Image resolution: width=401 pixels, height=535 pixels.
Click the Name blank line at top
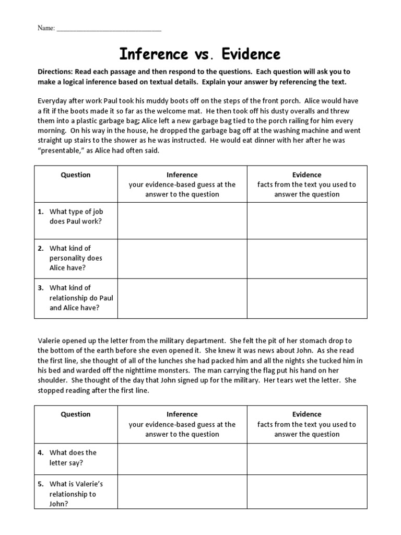109,29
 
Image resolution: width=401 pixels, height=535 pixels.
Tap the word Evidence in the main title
249,54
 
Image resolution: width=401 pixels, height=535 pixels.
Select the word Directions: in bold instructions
55,72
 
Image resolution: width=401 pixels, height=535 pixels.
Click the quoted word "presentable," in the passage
61,150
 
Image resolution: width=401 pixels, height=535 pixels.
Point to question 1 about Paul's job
75,216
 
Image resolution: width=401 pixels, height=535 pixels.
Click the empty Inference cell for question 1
182,220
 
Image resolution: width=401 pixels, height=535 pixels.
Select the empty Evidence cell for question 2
307,258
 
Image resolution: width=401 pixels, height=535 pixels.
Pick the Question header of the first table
76,175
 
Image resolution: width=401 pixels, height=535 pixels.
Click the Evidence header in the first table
307,175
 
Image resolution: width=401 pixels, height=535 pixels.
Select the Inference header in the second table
182,414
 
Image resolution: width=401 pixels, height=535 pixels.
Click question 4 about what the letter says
73,458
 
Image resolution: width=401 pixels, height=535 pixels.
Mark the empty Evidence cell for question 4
307,458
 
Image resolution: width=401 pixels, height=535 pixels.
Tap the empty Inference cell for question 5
182,494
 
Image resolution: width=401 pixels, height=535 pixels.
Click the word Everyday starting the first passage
53,101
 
